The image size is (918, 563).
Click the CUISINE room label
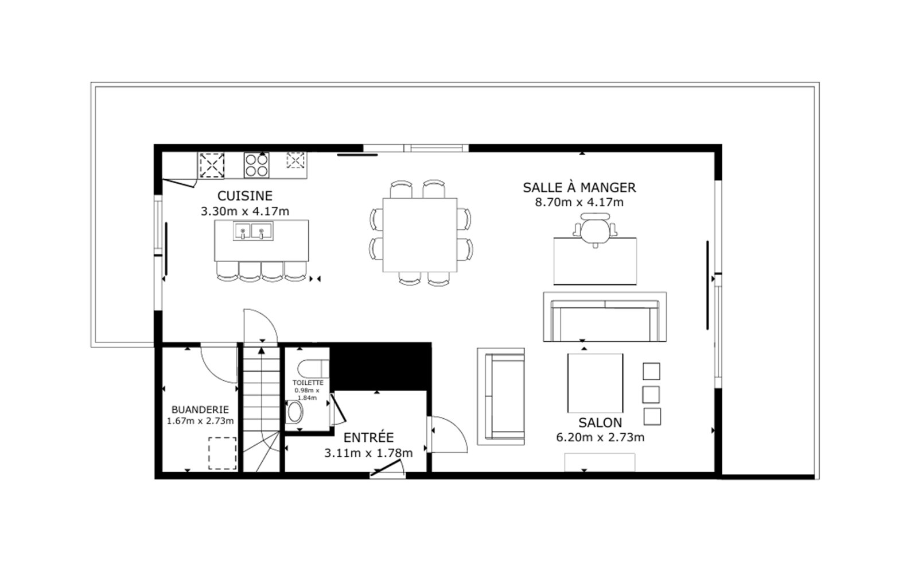click(x=244, y=196)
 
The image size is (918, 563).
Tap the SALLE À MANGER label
click(x=579, y=187)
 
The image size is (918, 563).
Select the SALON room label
click(x=600, y=422)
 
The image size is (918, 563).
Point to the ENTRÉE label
click(x=368, y=437)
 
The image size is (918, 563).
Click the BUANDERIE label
click(x=200, y=410)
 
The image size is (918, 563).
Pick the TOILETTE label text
click(x=308, y=383)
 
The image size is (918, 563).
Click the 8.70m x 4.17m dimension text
click(x=579, y=202)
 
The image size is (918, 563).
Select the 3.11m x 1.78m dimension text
click(x=368, y=453)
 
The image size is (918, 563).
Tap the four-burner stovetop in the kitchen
click(x=256, y=165)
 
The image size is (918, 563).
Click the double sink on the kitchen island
click(x=253, y=231)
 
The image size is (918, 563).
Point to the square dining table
click(x=419, y=235)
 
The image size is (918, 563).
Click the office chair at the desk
click(x=595, y=230)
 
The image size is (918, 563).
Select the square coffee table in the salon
click(x=595, y=383)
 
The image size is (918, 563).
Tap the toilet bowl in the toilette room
click(x=294, y=412)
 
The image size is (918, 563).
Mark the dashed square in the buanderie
click(x=223, y=453)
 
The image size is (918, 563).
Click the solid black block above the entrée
click(x=380, y=366)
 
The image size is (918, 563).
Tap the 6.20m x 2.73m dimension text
click(x=600, y=437)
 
